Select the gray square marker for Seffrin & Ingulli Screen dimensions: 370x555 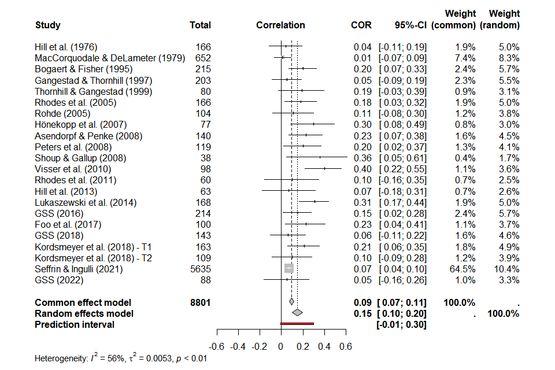point(289,268)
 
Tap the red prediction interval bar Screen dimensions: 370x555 point(297,324)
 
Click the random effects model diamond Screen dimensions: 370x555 point(297,313)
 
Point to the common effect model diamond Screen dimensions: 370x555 point(291,302)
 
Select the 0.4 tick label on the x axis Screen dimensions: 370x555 point(325,346)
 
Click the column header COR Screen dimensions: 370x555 point(361,25)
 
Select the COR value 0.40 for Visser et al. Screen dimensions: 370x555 point(362,169)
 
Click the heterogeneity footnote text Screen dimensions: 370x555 point(121,358)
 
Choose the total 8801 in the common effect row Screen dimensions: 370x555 point(200,302)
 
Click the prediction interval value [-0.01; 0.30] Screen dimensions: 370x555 point(401,324)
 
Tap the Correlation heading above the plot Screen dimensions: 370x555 point(280,25)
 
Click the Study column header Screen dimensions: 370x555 point(47,25)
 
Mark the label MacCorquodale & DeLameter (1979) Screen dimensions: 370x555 point(110,58)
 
